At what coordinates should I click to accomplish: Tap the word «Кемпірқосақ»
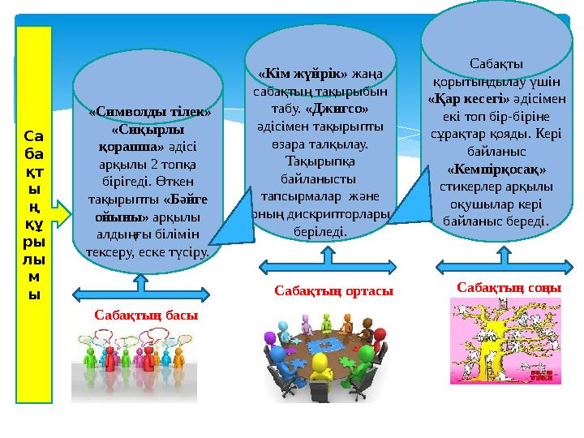pyautogui.click(x=496, y=170)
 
